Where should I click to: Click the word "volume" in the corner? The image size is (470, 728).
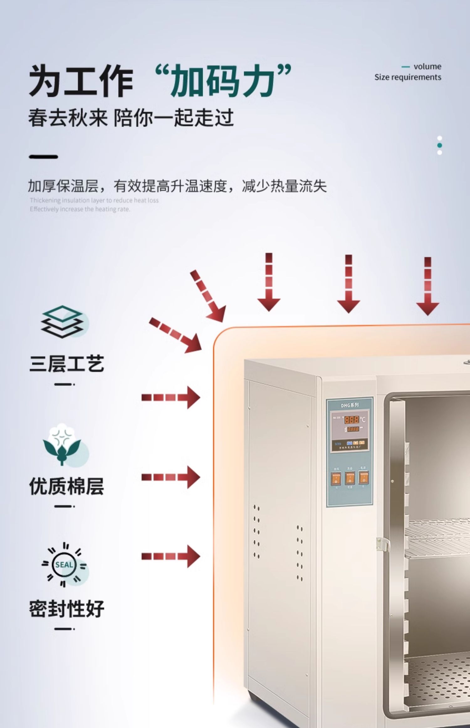[x=427, y=66]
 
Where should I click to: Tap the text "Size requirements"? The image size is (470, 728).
[x=408, y=77]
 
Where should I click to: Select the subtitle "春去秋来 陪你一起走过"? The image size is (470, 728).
[x=131, y=118]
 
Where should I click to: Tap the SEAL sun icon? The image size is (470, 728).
[x=64, y=565]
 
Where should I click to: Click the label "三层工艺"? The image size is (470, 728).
[x=66, y=364]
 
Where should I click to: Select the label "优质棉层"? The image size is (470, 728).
[x=66, y=486]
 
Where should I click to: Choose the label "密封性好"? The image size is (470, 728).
[x=66, y=609]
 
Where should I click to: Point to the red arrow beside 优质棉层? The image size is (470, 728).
[x=170, y=477]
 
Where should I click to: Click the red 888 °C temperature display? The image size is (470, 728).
[x=352, y=419]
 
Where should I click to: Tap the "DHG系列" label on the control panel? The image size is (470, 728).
[x=350, y=405]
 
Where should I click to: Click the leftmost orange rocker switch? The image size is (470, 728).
[x=336, y=479]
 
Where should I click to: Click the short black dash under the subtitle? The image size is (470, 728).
[x=44, y=156]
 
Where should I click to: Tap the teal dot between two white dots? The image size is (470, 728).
[x=439, y=145]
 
